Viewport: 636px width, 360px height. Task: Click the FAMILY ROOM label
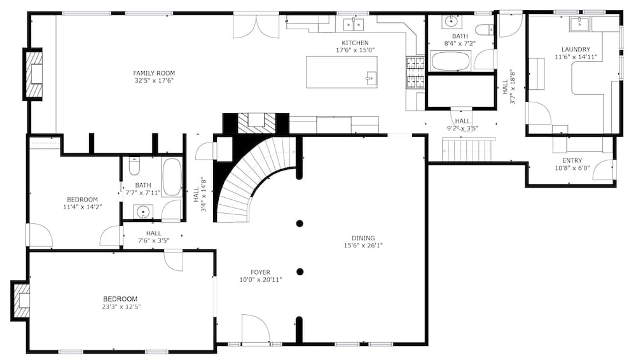coord(154,73)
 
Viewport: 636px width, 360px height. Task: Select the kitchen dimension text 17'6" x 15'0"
coord(355,50)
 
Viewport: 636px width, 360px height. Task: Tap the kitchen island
coord(342,72)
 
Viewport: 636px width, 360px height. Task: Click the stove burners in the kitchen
coord(415,73)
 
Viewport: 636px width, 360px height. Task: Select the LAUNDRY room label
coord(576,49)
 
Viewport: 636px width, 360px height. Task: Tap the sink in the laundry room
coord(579,24)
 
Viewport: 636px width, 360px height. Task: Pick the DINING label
coord(363,238)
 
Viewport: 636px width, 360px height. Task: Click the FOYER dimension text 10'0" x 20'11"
coord(261,279)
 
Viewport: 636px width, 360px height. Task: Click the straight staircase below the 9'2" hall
coord(469,151)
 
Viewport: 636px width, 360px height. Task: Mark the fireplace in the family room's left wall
coord(34,74)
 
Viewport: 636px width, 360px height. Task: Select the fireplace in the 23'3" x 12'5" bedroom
coord(22,300)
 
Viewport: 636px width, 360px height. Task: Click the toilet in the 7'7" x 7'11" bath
coord(134,167)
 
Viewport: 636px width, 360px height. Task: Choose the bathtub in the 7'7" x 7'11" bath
coord(172,177)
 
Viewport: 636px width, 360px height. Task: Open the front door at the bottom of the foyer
coord(256,331)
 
